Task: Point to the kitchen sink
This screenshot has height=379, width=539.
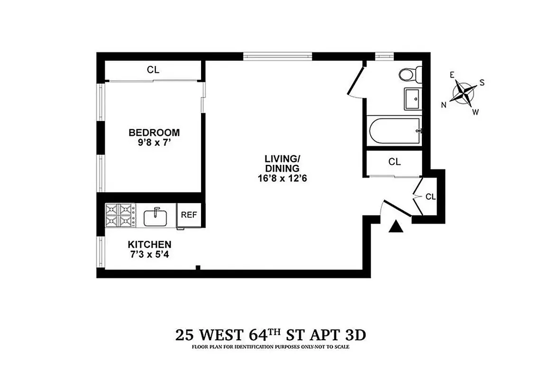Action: (155, 217)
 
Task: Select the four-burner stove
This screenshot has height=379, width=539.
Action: (120, 216)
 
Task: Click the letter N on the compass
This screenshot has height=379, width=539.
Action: (444, 105)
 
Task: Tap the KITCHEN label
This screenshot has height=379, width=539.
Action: (149, 244)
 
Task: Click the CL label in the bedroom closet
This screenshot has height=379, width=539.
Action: (153, 70)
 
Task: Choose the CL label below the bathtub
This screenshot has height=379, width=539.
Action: (394, 162)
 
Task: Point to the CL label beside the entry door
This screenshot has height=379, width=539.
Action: (430, 197)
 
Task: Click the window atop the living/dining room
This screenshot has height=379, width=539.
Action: (278, 56)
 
